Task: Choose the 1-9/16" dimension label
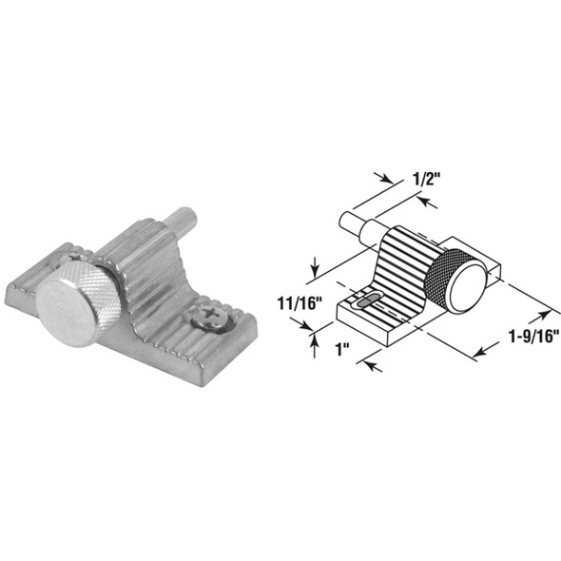point(519,335)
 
